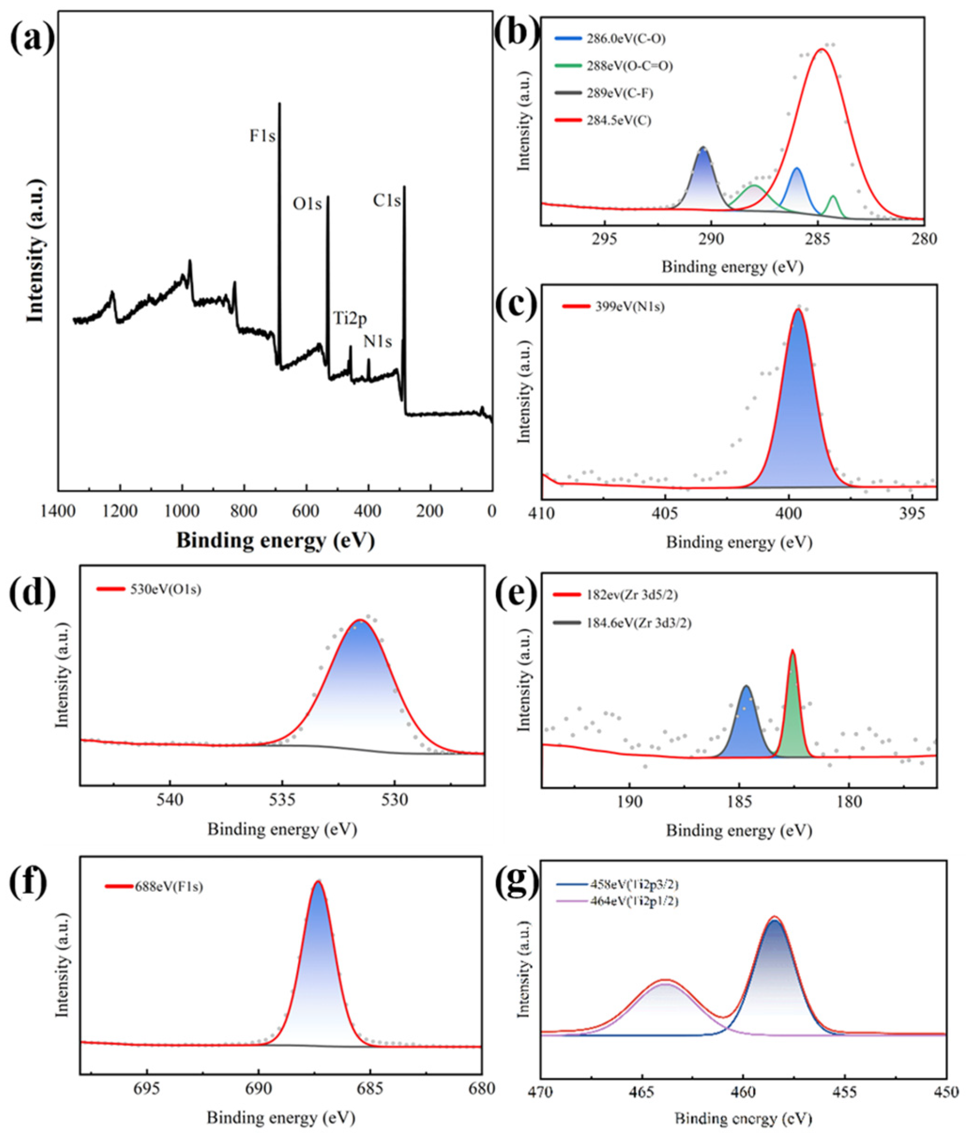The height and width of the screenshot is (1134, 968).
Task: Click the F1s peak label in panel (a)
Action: pos(262,136)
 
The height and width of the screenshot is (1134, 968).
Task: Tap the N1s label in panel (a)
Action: pos(377,342)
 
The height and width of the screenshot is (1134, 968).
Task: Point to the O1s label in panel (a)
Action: pos(308,204)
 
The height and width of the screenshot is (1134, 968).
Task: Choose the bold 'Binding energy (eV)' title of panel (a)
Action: pos(275,541)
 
